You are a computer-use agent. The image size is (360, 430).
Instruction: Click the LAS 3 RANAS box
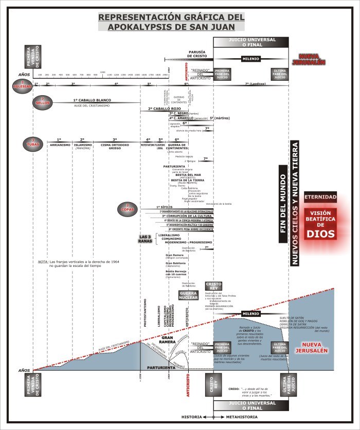[145, 238]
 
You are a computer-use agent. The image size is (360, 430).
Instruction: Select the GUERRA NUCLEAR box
[188, 295]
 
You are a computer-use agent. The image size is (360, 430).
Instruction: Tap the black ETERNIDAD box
[320, 197]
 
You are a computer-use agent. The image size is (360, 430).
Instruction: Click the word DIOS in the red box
[320, 233]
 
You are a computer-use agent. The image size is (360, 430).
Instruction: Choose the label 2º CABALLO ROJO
[164, 109]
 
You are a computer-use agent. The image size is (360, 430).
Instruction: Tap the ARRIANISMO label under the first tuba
[59, 146]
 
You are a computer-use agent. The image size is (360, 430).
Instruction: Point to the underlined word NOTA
[43, 262]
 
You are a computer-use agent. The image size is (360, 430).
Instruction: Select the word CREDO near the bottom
[233, 389]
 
